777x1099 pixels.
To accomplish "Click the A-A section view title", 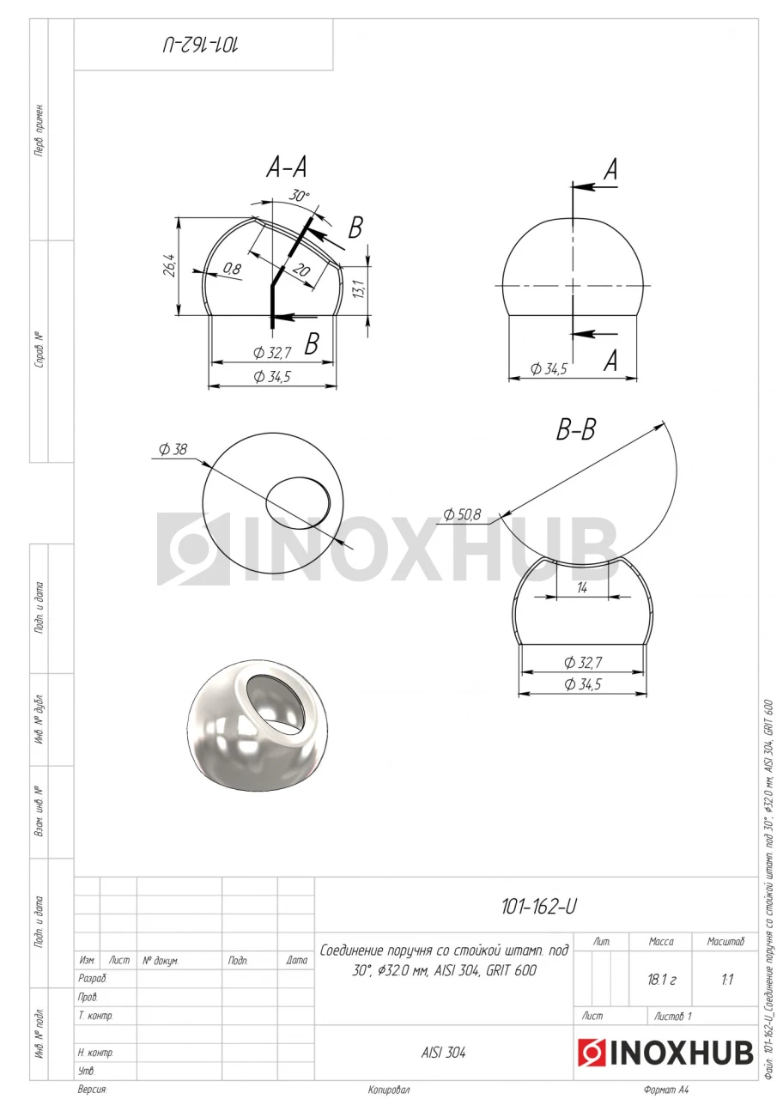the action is [287, 167].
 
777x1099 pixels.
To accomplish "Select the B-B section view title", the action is [576, 430].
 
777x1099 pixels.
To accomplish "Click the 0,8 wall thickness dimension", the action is [233, 269].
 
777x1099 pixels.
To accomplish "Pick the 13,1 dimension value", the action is [358, 288].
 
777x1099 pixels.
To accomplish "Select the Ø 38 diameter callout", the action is [173, 449].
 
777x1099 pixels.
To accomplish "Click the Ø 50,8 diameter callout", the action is [462, 514].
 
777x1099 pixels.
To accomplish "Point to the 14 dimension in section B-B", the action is [582, 587].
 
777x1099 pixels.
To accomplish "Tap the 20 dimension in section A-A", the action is [301, 270].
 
